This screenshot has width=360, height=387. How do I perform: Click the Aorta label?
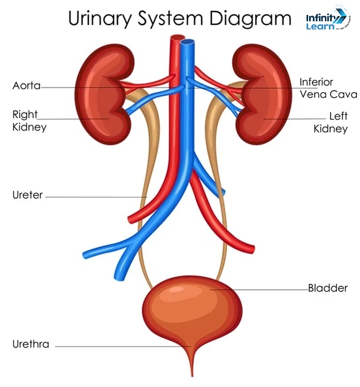click(27, 86)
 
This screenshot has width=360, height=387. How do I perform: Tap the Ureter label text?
click(27, 195)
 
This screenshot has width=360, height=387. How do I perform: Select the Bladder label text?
click(327, 289)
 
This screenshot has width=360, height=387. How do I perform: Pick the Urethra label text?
click(30, 344)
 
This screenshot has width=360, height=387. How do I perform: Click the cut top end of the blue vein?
click(187, 42)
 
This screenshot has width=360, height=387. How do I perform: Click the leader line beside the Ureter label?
click(96, 196)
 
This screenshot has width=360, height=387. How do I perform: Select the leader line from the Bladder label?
click(262, 290)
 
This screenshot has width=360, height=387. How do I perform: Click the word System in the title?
click(171, 19)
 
